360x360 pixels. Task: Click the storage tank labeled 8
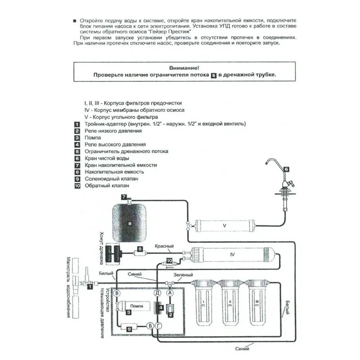coord(130,222)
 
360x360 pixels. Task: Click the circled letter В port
coord(117,293)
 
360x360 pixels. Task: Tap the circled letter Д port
coord(157,293)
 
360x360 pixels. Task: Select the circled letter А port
coord(170,293)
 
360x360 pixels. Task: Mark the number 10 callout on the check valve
coord(169,260)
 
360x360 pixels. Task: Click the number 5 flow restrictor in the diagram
coord(140,249)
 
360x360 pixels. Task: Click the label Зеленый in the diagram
coord(184,275)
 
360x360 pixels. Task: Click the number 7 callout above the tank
coord(124,197)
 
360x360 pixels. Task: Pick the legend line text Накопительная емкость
coord(114,172)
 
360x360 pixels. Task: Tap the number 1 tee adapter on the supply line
coord(90,286)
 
